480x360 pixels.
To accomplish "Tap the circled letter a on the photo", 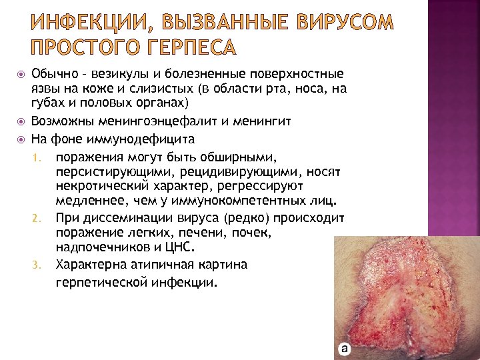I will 344,348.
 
